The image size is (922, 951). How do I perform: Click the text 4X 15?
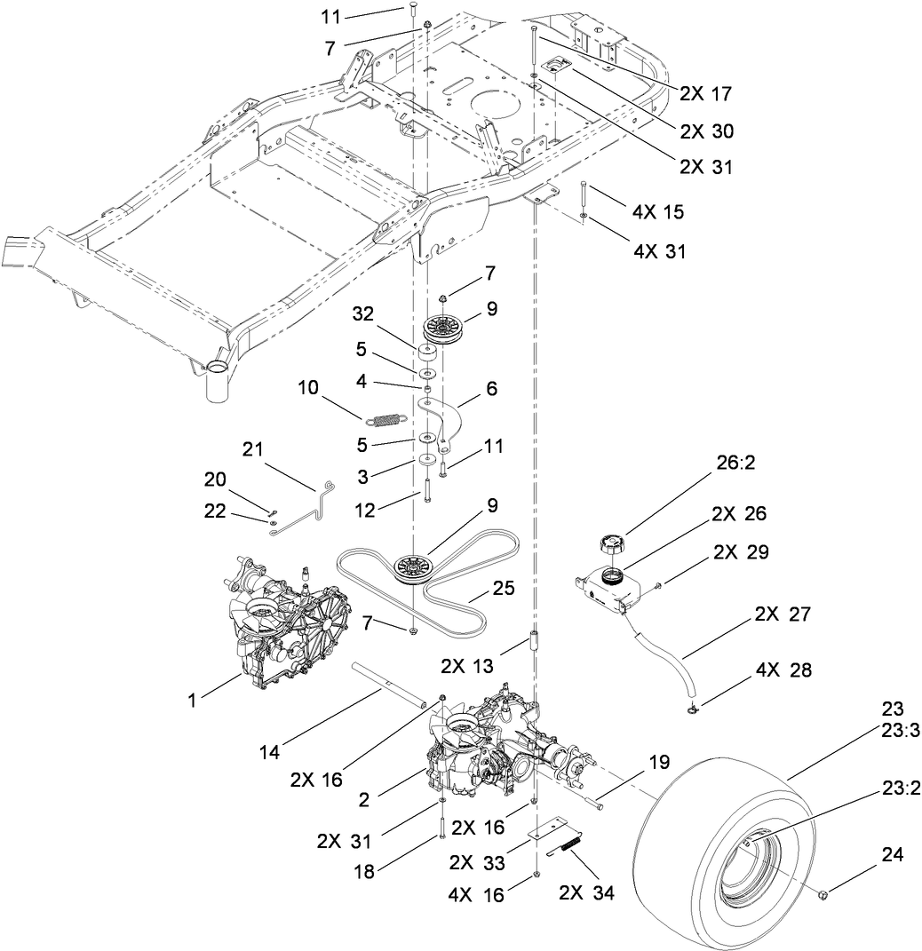click(x=659, y=214)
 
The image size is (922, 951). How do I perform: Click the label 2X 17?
click(x=707, y=92)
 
